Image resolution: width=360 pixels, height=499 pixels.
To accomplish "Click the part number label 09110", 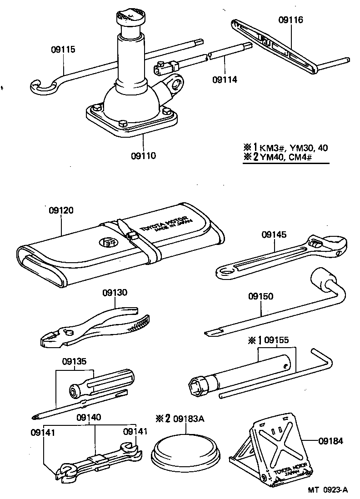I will point(143,156).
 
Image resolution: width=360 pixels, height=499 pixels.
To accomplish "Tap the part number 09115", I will point(63,50).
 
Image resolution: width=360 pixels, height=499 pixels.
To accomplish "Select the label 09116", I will point(290,20).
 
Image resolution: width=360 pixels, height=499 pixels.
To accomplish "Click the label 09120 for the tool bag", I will point(61,210).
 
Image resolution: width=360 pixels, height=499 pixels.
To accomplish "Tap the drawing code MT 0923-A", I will point(327,490).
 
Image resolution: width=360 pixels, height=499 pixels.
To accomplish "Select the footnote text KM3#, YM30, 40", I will point(290,148).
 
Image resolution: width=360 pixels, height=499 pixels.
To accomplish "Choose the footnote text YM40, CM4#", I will point(284,158).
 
